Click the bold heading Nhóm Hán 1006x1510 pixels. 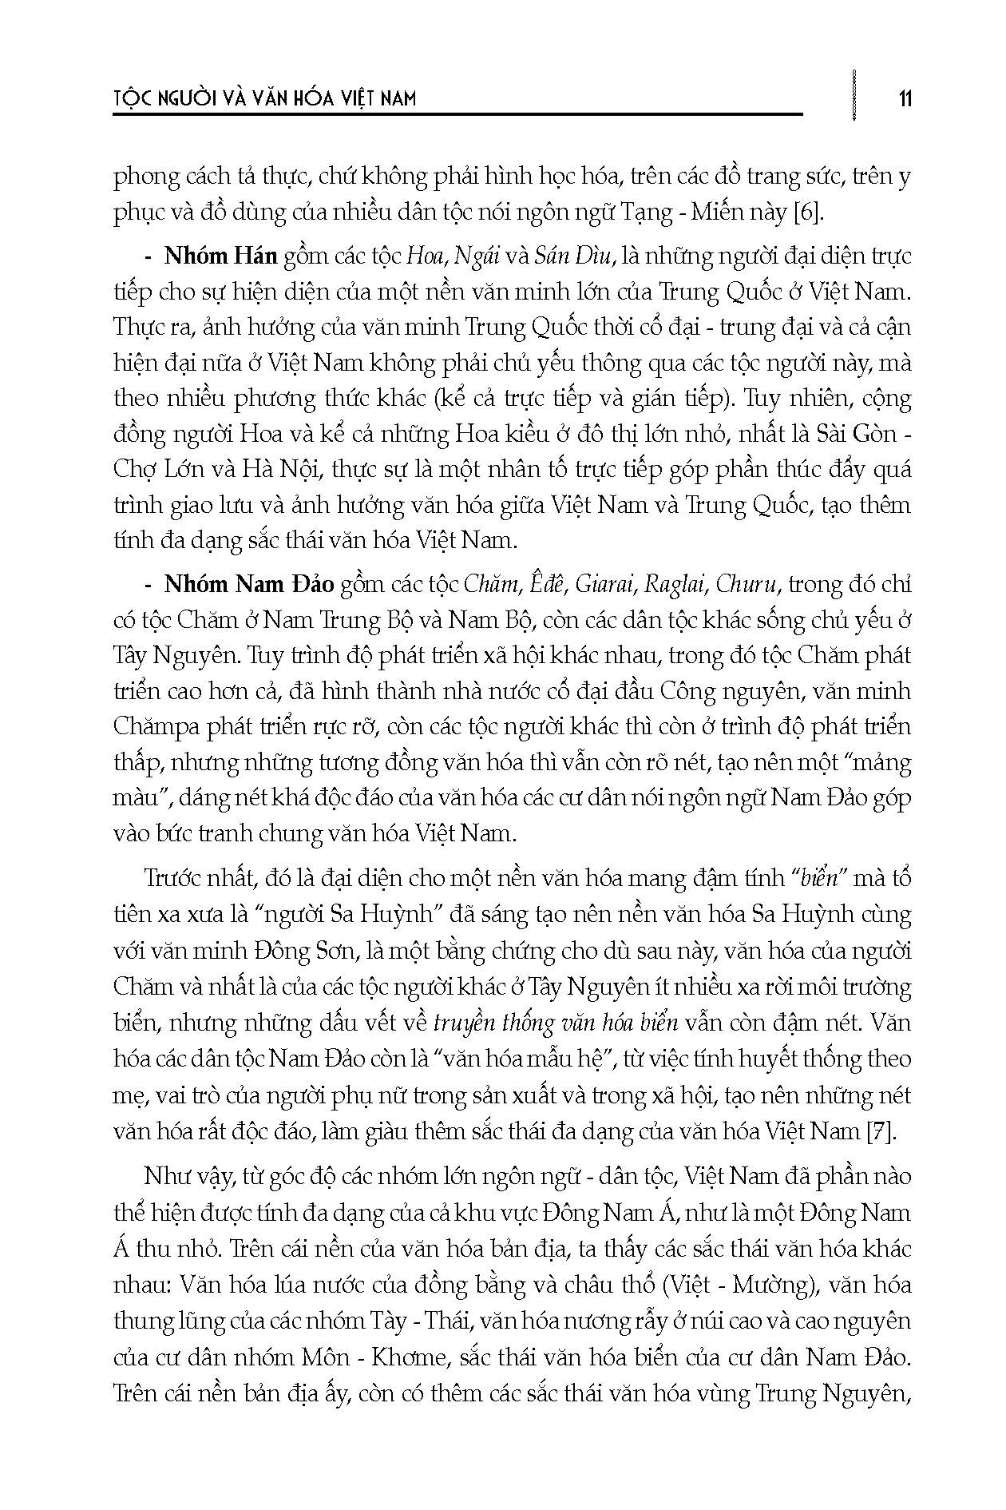[x=220, y=256]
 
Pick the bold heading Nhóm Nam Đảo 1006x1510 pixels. [x=248, y=584]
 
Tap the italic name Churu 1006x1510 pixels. [x=747, y=584]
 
